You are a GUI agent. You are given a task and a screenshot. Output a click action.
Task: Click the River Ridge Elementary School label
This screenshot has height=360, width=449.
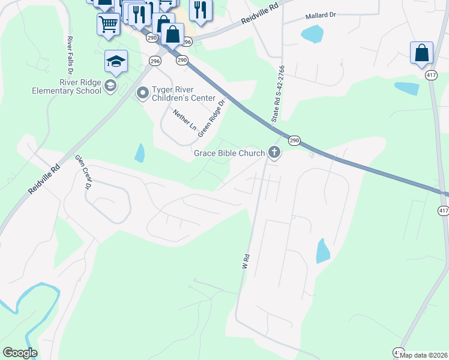67,87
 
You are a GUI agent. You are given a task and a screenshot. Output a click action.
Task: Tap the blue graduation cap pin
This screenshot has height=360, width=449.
116,61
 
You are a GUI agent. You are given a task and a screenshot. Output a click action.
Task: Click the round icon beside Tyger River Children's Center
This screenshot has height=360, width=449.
142,93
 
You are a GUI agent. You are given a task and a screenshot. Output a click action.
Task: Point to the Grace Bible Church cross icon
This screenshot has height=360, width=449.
274,152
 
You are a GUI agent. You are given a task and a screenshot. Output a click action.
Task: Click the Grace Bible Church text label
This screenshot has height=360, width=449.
229,153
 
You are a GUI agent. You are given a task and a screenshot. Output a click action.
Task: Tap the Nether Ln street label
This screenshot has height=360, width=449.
185,120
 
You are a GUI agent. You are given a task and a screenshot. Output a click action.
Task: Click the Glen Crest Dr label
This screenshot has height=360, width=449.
83,172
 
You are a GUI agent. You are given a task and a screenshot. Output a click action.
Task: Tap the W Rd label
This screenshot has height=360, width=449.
245,262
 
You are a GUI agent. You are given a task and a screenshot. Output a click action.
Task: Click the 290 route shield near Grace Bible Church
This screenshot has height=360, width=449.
294,140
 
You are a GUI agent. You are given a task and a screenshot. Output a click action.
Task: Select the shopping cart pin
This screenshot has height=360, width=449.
108,25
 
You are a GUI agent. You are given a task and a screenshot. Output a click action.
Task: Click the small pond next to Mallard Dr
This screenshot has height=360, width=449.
312,34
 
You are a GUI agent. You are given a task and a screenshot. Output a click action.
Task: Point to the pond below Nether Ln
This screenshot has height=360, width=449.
140,154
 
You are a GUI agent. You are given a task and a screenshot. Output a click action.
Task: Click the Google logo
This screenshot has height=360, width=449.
20,353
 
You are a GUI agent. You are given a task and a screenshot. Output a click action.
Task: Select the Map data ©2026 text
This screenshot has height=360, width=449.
423,355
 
